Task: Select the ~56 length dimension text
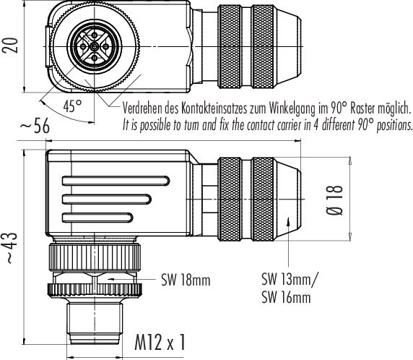[x=35, y=127]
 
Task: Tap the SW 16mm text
[x=287, y=296]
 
